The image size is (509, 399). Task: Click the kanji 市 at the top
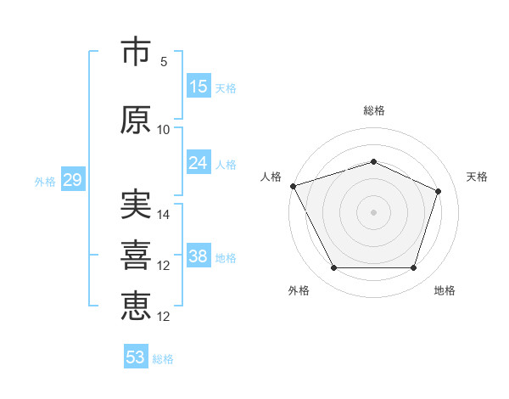pos(136,51)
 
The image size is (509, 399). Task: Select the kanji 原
pos(136,120)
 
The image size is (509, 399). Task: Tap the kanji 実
pos(136,204)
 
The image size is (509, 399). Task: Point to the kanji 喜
pos(136,255)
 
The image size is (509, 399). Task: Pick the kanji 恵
pos(136,306)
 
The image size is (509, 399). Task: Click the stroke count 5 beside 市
pos(164,62)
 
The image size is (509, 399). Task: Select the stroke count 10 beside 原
pos(163,130)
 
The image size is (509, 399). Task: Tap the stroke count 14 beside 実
pos(163,215)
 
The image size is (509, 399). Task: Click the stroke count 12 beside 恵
pos(163,317)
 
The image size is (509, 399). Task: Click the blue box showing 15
pos(199,86)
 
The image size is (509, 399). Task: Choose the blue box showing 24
pos(199,162)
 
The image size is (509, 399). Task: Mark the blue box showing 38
pos(199,255)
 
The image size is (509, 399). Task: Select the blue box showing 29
pos(73,179)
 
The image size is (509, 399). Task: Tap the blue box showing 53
pos(136,356)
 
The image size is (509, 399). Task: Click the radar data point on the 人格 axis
pos(294,186)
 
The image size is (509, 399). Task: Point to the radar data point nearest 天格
pos(438,191)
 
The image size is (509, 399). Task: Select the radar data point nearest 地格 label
pos(413,267)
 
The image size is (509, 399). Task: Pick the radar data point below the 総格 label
pos(373,161)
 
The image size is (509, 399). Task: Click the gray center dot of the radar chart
pos(373,212)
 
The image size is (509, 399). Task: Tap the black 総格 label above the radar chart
pos(374,110)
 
